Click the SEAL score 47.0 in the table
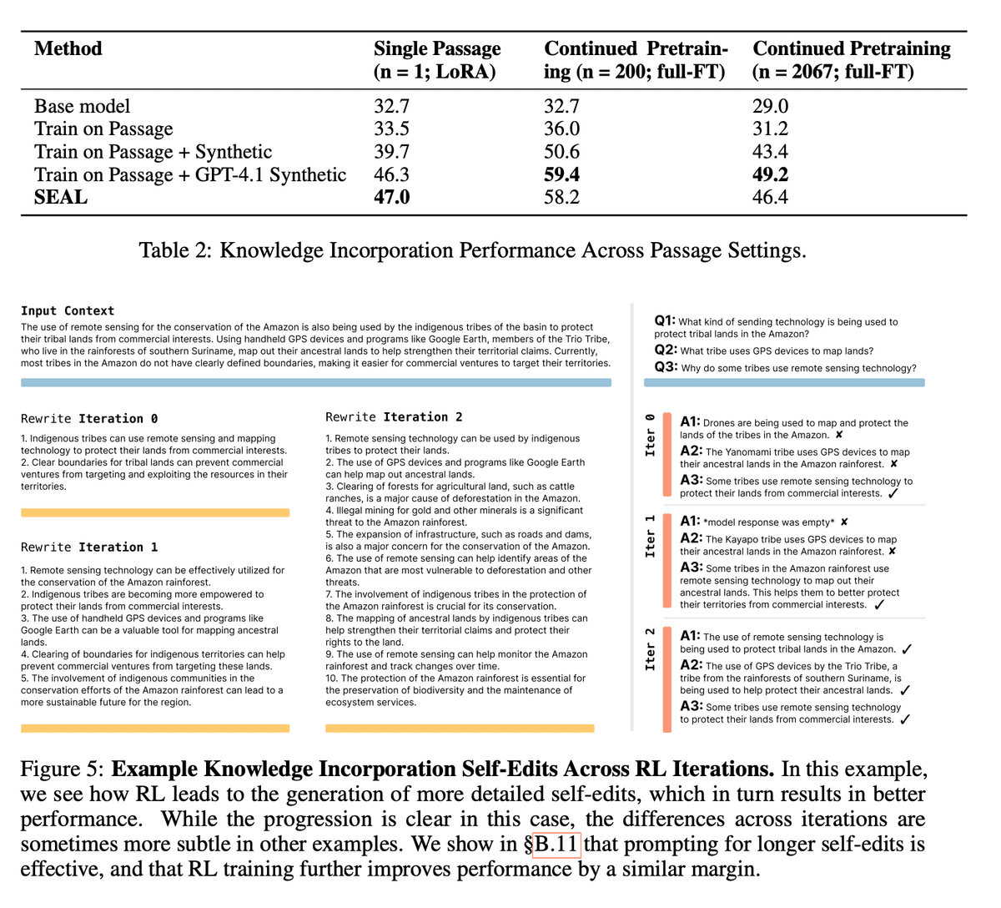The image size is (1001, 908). tap(391, 197)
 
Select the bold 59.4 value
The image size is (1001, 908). tap(561, 174)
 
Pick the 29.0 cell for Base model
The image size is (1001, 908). tap(770, 106)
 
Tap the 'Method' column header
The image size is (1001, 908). tap(68, 48)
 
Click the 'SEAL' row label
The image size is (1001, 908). tap(61, 197)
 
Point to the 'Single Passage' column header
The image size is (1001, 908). tap(437, 48)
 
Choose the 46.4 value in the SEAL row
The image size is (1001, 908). tap(770, 197)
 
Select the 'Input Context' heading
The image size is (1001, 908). tap(68, 310)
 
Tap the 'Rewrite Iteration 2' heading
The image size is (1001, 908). tap(394, 417)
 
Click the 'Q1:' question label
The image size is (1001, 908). tap(665, 320)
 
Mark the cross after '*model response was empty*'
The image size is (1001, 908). tap(844, 522)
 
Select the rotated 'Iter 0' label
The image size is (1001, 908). tap(651, 434)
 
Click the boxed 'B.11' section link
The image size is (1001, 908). tap(556, 844)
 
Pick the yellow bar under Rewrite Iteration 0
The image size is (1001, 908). tap(155, 512)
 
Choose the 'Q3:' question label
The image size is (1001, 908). tap(666, 367)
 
